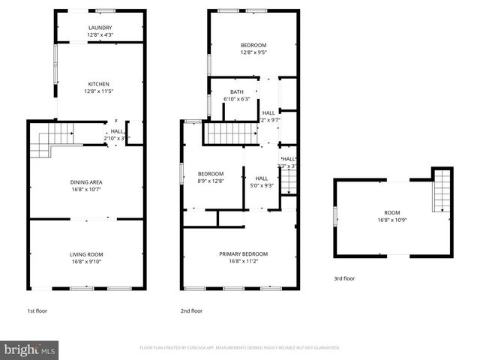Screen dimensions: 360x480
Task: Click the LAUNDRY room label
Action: pyautogui.click(x=100, y=28)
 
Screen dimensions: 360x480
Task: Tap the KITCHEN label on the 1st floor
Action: pyautogui.click(x=99, y=83)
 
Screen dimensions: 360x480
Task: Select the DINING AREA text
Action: pyautogui.click(x=86, y=182)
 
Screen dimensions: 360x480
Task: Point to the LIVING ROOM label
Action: pyautogui.click(x=86, y=254)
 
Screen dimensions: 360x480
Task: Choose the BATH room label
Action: pyautogui.click(x=236, y=92)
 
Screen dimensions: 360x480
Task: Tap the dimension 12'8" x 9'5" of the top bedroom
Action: pyautogui.click(x=253, y=52)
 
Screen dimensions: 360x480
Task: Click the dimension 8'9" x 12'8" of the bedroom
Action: pyautogui.click(x=211, y=180)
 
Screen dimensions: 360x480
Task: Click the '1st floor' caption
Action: pyautogui.click(x=37, y=310)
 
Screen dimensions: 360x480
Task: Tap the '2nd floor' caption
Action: pyautogui.click(x=191, y=310)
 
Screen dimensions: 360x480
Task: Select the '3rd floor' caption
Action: pyautogui.click(x=344, y=278)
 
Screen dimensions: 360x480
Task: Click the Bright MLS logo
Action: pyautogui.click(x=30, y=349)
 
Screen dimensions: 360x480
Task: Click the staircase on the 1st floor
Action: pyautogui.click(x=52, y=140)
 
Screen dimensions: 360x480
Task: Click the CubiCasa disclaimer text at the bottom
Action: pyautogui.click(x=240, y=348)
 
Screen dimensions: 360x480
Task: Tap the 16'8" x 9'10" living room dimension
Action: pyautogui.click(x=86, y=262)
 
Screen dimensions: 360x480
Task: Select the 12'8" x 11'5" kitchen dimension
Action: pyautogui.click(x=99, y=91)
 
